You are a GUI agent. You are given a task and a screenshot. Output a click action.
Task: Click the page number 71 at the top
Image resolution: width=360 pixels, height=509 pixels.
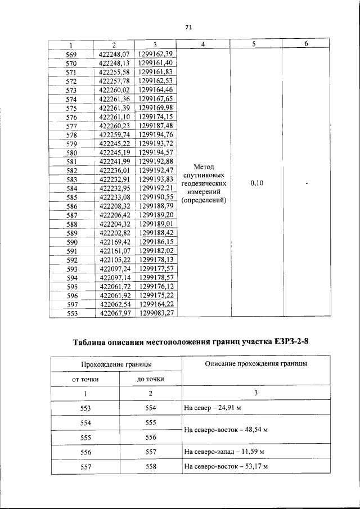click(x=188, y=27)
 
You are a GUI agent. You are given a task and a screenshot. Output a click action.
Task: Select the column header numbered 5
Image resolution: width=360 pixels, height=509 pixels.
click(x=254, y=44)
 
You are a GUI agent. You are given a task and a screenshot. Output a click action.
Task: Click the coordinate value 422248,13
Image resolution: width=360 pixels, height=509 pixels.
click(x=114, y=63)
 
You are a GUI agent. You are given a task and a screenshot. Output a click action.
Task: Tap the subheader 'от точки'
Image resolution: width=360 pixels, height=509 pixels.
click(x=85, y=380)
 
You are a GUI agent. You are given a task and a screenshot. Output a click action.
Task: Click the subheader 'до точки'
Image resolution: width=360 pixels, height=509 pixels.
click(x=150, y=380)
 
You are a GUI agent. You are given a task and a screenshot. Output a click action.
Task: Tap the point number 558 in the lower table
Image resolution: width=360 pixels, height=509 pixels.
click(x=150, y=466)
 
